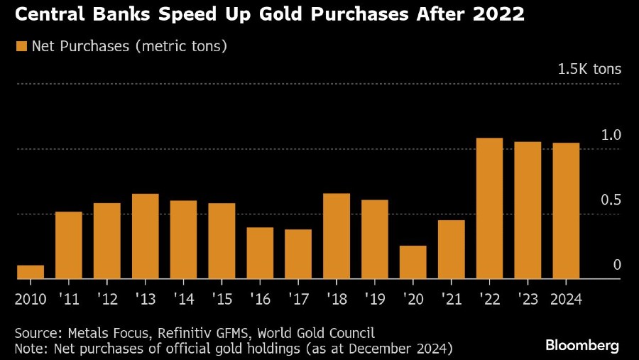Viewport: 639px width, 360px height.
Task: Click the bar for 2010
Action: click(x=31, y=272)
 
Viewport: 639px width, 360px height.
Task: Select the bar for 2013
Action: click(x=146, y=236)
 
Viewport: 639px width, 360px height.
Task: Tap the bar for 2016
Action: click(x=260, y=253)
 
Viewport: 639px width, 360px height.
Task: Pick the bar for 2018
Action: click(x=337, y=236)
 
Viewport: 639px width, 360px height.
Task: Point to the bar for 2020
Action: click(x=413, y=263)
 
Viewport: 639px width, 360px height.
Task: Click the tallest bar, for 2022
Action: click(x=490, y=209)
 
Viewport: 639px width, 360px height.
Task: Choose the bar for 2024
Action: click(x=566, y=211)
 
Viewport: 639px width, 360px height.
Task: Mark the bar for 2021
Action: click(x=452, y=250)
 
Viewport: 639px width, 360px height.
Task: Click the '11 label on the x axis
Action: click(x=69, y=300)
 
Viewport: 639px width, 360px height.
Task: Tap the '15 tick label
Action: click(x=222, y=300)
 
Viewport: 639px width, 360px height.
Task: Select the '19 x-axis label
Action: click(x=375, y=300)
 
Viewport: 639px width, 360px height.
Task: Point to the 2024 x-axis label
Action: click(x=566, y=300)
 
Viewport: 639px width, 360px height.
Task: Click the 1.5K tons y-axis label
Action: click(x=589, y=70)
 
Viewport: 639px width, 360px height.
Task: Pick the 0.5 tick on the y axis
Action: click(x=611, y=200)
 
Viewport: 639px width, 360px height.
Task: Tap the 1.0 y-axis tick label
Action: click(x=611, y=135)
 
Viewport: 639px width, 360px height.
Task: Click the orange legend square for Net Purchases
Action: click(x=21, y=47)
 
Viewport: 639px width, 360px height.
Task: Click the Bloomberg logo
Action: click(x=582, y=346)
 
